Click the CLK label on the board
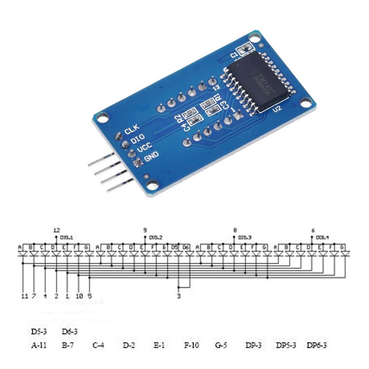132,130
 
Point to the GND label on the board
151,156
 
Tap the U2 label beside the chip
278,109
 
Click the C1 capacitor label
234,55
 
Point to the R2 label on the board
180,119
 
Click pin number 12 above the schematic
57,230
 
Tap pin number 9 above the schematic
145,230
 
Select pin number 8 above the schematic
235,230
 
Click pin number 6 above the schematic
313,230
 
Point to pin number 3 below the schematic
179,295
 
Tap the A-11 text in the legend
39,345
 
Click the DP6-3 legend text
317,345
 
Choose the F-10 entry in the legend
191,345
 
